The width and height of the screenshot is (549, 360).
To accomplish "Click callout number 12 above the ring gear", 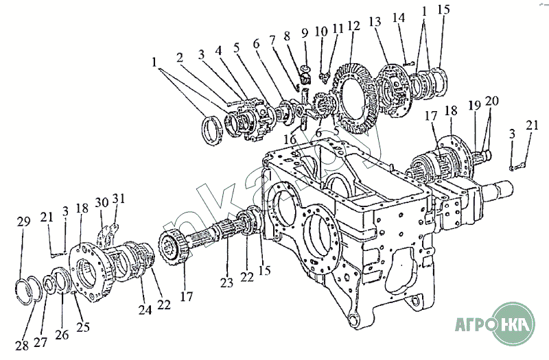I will pyautogui.click(x=353, y=27).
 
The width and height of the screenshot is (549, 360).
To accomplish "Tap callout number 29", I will pyautogui.click(x=24, y=221).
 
